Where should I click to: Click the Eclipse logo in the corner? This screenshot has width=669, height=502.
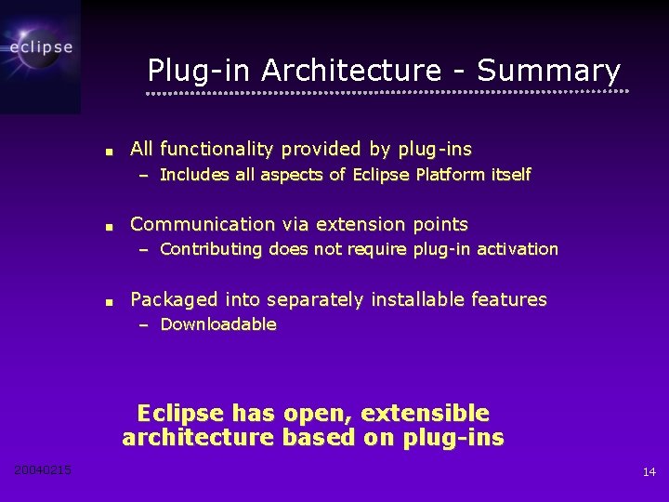(x=40, y=46)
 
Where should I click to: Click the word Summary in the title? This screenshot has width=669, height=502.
(x=548, y=70)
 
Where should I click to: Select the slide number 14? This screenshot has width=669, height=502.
(x=649, y=472)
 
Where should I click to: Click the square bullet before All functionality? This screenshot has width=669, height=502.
(x=109, y=151)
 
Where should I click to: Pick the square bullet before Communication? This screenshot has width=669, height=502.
(x=109, y=226)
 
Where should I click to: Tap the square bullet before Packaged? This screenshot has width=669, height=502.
(x=109, y=301)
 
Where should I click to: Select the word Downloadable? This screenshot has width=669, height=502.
(x=218, y=324)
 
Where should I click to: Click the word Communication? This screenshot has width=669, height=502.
(x=203, y=224)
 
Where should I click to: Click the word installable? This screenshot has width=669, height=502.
(x=418, y=299)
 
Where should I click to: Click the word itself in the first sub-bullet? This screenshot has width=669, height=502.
(x=511, y=175)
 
